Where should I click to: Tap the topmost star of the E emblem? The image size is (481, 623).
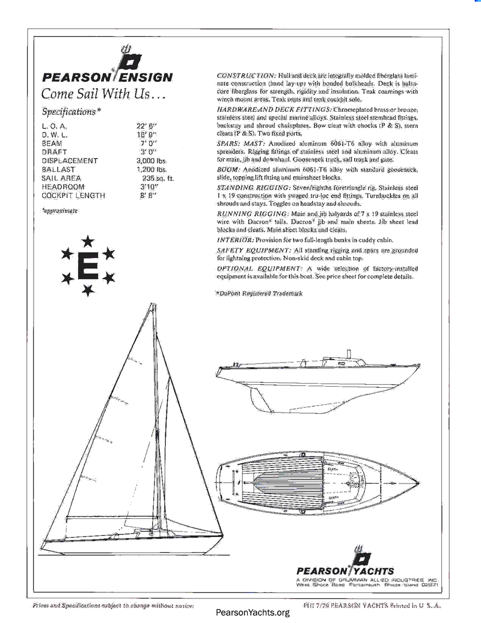coord(88,241)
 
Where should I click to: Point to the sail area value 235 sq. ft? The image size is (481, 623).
coord(158,179)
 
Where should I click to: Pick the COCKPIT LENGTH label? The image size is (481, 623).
coord(73,196)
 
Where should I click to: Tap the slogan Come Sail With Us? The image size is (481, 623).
coord(102,94)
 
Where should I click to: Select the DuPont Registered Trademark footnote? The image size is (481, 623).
coord(259,293)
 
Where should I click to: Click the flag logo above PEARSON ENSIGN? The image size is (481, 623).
coord(129,59)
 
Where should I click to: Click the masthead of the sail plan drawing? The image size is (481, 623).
coord(155,303)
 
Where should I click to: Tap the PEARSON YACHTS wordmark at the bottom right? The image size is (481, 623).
coord(346,571)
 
